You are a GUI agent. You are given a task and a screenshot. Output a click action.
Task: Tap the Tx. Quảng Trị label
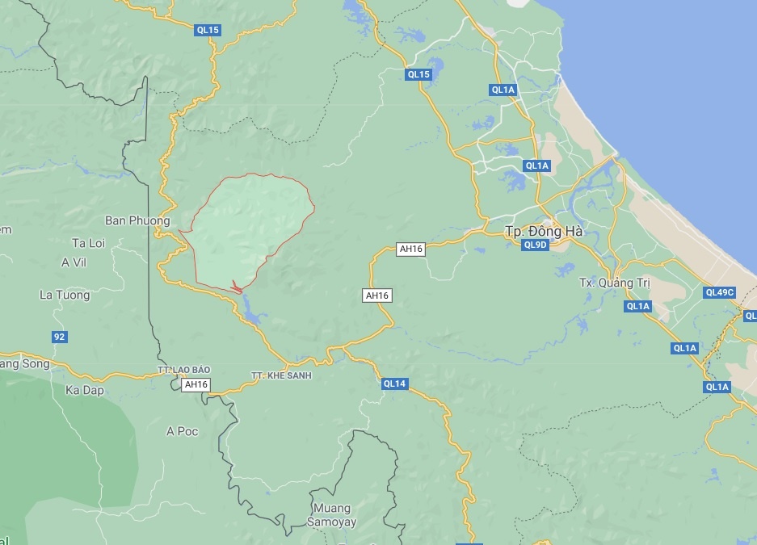coord(616,283)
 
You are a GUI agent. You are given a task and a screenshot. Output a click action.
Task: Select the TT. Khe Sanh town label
coord(281,375)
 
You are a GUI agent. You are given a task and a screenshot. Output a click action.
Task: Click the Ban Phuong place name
coord(137,220)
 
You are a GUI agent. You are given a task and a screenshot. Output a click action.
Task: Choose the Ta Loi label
coord(89,242)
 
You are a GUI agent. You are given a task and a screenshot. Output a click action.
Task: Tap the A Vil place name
coord(74,262)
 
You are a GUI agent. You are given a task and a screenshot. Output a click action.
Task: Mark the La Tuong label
coord(65,295)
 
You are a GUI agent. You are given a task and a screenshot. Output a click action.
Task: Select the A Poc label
coord(182,431)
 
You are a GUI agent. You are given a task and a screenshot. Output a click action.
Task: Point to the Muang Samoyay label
coord(330,514)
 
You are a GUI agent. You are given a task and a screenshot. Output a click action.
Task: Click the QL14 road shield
coord(394,384)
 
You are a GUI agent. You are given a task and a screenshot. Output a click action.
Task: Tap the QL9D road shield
coord(536,245)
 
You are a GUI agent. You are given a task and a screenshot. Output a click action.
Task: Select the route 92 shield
coord(59,337)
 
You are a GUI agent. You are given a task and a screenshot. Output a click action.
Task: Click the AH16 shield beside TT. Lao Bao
coord(196,385)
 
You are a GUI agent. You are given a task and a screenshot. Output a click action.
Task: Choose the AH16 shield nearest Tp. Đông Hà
coord(410,249)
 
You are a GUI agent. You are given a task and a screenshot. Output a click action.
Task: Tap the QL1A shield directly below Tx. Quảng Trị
coord(637,306)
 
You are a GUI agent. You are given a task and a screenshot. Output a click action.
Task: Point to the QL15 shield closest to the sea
coord(418,74)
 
